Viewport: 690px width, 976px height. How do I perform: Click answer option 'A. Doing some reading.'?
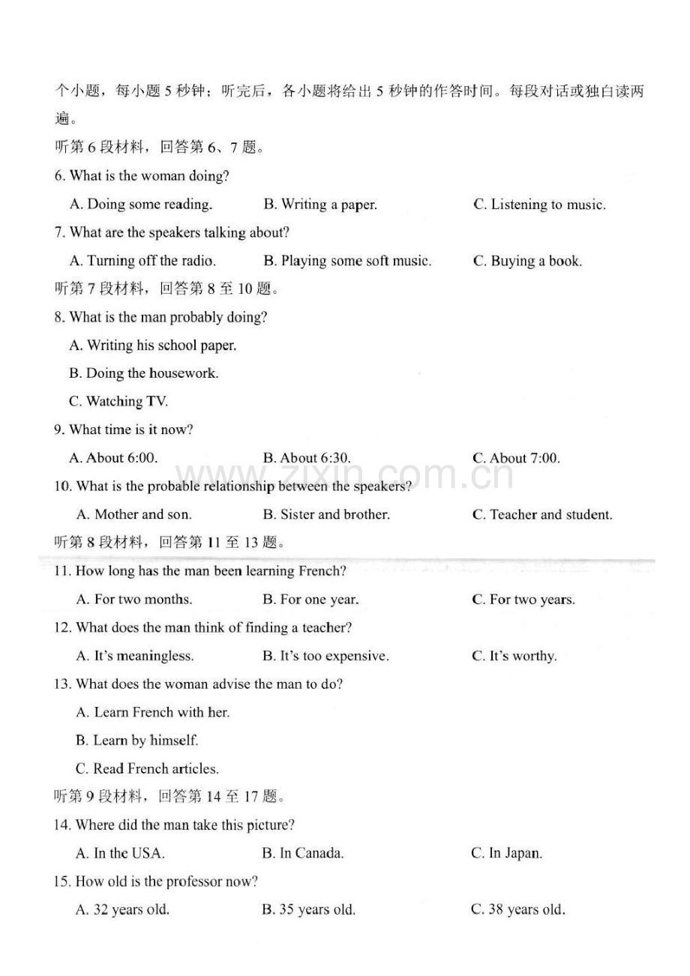141,205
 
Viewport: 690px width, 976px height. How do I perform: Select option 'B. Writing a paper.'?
320,205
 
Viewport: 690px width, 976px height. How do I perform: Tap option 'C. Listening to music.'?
539,205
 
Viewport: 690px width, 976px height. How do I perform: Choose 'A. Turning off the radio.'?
142,261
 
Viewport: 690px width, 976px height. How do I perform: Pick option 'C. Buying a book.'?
527,261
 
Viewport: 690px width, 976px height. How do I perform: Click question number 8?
59,318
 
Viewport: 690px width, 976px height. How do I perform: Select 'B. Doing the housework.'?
144,373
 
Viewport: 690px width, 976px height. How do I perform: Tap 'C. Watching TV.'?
118,402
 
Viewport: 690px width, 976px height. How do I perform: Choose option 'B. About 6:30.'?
307,458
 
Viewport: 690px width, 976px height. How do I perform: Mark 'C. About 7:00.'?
516,458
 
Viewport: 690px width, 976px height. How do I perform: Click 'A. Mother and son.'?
134,515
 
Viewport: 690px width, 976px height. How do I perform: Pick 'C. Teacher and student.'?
542,515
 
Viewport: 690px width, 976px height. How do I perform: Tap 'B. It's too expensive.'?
325,656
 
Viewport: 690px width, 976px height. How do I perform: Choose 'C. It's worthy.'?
514,656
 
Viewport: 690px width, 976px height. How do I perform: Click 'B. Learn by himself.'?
137,741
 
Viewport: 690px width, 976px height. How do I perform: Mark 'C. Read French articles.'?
147,769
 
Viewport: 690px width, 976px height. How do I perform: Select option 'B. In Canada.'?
303,853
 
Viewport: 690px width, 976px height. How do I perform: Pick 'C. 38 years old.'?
517,910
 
